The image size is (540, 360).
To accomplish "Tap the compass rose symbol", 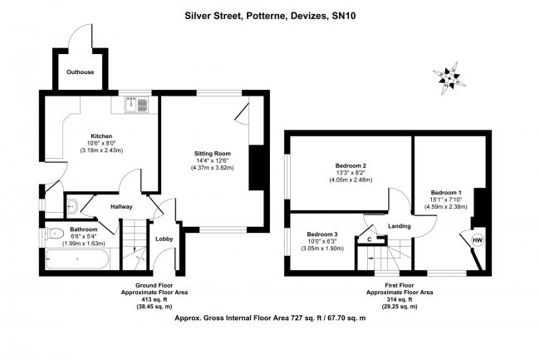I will click(x=452, y=76).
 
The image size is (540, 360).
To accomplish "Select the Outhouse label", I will click(x=81, y=72).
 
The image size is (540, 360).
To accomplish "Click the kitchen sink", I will click(x=135, y=105).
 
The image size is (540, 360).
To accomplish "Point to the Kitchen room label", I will click(x=101, y=136).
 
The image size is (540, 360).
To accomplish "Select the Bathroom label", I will click(x=84, y=229).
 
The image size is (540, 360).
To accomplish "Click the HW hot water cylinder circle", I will click(x=477, y=240).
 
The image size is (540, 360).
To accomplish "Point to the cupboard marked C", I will click(x=370, y=239).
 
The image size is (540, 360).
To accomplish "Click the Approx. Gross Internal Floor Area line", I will click(x=270, y=318).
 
